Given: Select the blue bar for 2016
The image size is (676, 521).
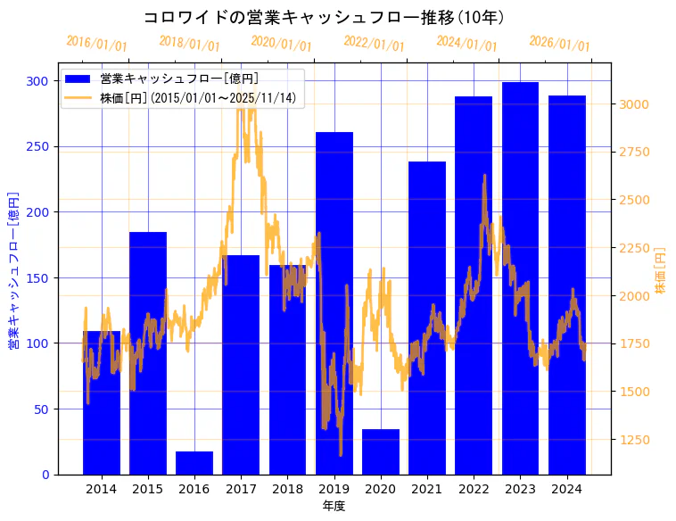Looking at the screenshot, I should (x=194, y=463).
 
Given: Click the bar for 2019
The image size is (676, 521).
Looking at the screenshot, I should (x=334, y=303).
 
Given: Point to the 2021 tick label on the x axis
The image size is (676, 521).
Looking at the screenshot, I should (x=427, y=489).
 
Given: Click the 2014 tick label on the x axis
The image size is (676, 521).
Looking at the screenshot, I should (x=101, y=489).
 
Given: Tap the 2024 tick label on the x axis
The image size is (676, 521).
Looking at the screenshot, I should (x=567, y=489).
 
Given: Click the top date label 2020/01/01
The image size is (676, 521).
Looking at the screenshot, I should (x=281, y=44).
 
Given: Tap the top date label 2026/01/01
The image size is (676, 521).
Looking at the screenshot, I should (x=559, y=44).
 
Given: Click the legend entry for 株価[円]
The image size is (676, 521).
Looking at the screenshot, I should (x=197, y=98).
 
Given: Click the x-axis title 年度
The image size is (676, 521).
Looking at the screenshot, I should (x=334, y=506).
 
